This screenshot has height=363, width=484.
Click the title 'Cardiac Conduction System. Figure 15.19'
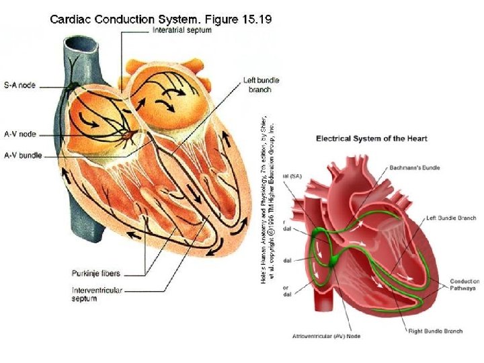[161, 19]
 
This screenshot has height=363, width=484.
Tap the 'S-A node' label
[19, 85]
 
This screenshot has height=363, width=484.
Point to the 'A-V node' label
[19, 134]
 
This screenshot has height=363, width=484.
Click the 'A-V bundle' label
[23, 155]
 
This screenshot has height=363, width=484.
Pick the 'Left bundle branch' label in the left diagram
[261, 85]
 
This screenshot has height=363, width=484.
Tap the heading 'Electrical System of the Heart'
[371, 138]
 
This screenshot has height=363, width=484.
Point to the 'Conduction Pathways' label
[465, 284]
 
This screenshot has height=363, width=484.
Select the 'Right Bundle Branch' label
[436, 331]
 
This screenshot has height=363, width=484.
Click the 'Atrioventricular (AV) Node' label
[327, 335]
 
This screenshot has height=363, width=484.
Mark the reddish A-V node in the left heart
[126, 137]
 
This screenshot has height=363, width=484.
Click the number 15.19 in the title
[259, 19]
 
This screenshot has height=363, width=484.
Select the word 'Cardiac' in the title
[71, 19]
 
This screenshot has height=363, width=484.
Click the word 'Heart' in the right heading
[414, 138]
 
